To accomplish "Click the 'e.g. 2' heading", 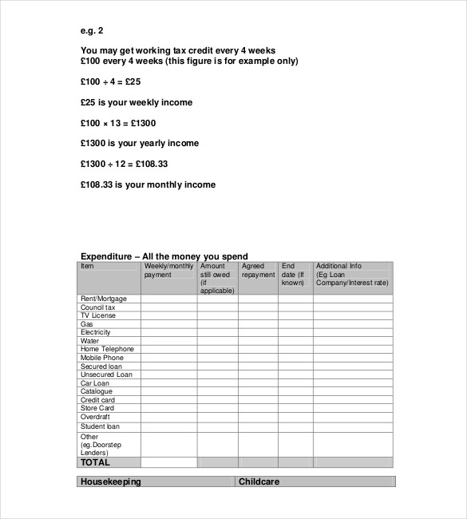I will click(92, 31).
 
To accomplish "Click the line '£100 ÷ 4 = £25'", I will click(111, 81).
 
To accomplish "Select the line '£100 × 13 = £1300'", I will click(118, 123).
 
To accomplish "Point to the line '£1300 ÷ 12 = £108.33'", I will click(124, 164).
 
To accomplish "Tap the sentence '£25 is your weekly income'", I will click(137, 102).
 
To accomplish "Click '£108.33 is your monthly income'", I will click(148, 184).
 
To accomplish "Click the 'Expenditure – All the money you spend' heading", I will click(164, 256).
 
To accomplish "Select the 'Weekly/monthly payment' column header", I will click(168, 271).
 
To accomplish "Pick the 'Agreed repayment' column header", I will click(258, 271).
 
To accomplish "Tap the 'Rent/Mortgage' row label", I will click(104, 299).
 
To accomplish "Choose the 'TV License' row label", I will click(98, 315).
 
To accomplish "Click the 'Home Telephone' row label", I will click(107, 349).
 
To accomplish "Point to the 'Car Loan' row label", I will click(96, 382).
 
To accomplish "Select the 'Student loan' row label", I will click(101, 426).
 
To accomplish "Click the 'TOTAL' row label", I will click(95, 462).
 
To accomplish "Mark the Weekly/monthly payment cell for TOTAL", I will click(168, 462).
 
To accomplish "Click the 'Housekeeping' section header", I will click(111, 481).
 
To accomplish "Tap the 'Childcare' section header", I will click(259, 481).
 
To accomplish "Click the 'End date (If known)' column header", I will click(295, 274).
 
